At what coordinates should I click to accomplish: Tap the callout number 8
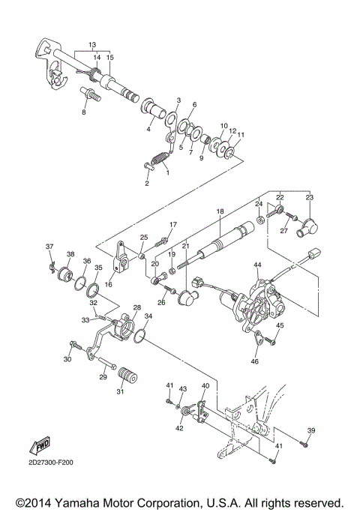[x=84, y=112]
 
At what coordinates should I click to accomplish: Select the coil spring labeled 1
[x=158, y=160]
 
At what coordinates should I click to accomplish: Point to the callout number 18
[x=220, y=212]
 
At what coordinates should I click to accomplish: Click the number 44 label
[x=257, y=265]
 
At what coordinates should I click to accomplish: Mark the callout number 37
[x=49, y=247]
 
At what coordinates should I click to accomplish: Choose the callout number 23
[x=310, y=197]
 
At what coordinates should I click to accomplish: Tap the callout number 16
[x=109, y=285]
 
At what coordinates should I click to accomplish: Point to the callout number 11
[x=241, y=136]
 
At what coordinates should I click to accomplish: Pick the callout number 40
[x=205, y=385]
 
